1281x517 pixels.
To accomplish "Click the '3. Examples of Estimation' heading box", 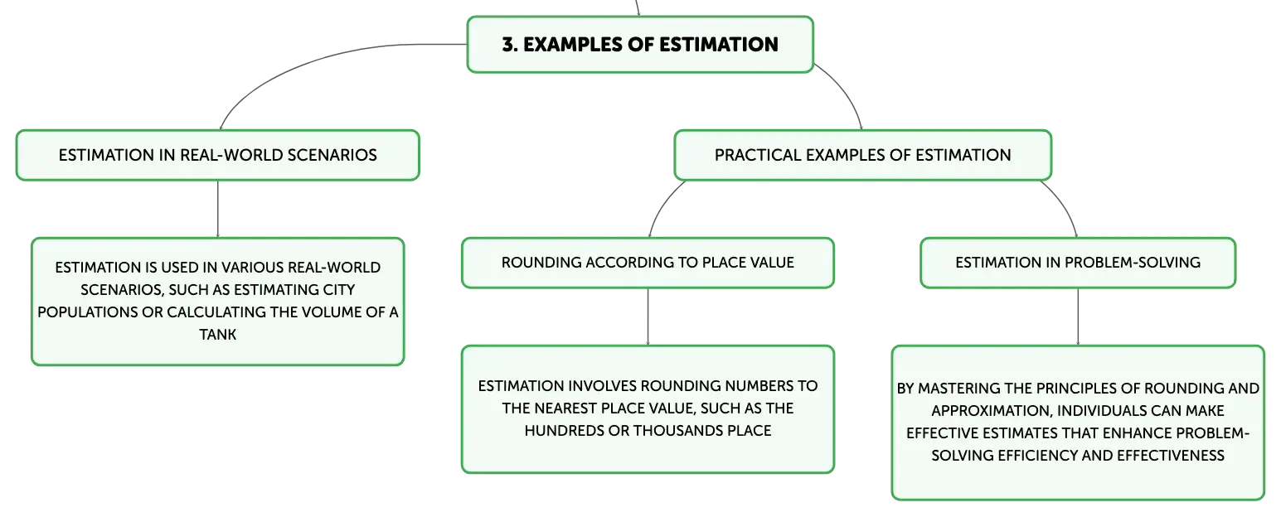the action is click(640, 45).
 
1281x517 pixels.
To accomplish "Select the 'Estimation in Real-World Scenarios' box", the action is click(218, 156).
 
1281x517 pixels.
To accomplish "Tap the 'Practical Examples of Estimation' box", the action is click(862, 156).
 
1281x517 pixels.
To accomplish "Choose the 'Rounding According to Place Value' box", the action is click(648, 263).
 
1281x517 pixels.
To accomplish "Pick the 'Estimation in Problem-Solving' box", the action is click(1078, 263).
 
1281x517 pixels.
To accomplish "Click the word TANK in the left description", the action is click(218, 335).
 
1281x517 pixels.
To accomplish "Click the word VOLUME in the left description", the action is click(331, 312).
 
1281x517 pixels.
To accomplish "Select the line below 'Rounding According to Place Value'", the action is click(648, 316).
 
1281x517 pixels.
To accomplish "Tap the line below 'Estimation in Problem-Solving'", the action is click(1078, 316).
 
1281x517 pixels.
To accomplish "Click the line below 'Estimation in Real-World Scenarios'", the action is click(218, 209).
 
